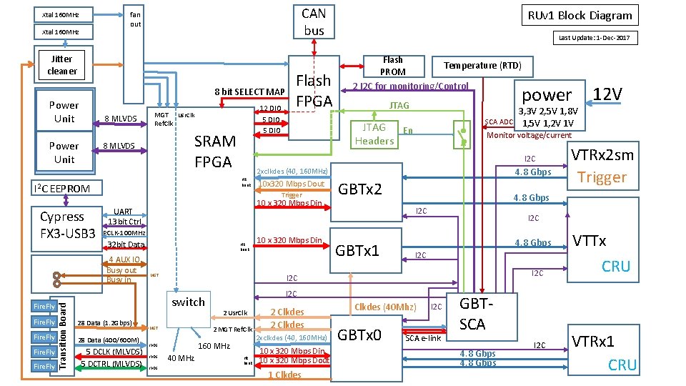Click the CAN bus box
pyautogui.click(x=314, y=21)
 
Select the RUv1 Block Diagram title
pyautogui.click(x=580, y=15)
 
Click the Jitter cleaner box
pyautogui.click(x=62, y=65)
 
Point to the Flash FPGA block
pyautogui.click(x=313, y=90)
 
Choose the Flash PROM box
pyautogui.click(x=392, y=66)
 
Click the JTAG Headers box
pyautogui.click(x=374, y=134)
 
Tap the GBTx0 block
pyautogui.click(x=359, y=335)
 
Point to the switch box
pyautogui.click(x=189, y=302)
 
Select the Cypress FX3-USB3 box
pyautogui.click(x=67, y=224)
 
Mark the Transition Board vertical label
pyautogui.click(x=62, y=335)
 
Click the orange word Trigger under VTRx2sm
pyautogui.click(x=602, y=177)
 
